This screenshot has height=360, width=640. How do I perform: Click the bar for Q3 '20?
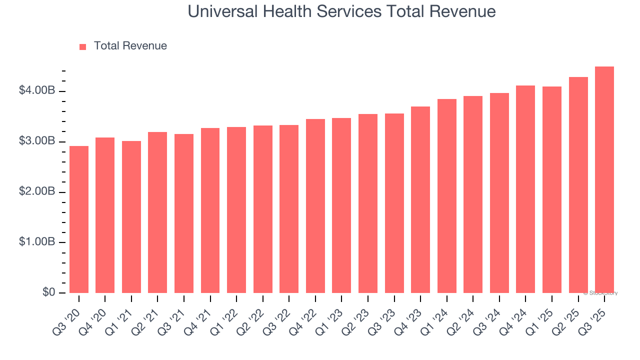click(x=79, y=219)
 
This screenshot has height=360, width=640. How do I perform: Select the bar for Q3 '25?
click(x=604, y=180)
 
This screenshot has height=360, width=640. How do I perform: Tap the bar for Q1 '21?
click(x=131, y=217)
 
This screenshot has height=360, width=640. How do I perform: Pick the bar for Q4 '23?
click(x=420, y=200)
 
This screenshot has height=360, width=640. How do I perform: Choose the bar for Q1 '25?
click(x=552, y=190)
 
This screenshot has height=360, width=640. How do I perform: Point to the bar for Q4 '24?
click(x=525, y=189)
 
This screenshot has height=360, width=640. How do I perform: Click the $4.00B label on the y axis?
click(x=37, y=90)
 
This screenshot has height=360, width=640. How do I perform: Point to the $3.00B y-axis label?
click(x=37, y=141)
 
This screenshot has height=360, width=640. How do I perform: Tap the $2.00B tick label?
click(x=37, y=191)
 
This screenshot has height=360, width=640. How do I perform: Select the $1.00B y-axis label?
click(x=37, y=242)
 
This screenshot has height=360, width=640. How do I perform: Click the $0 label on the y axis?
click(x=48, y=292)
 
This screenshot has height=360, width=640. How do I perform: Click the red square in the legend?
click(x=83, y=46)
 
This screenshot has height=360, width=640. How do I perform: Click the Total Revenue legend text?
click(x=130, y=46)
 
